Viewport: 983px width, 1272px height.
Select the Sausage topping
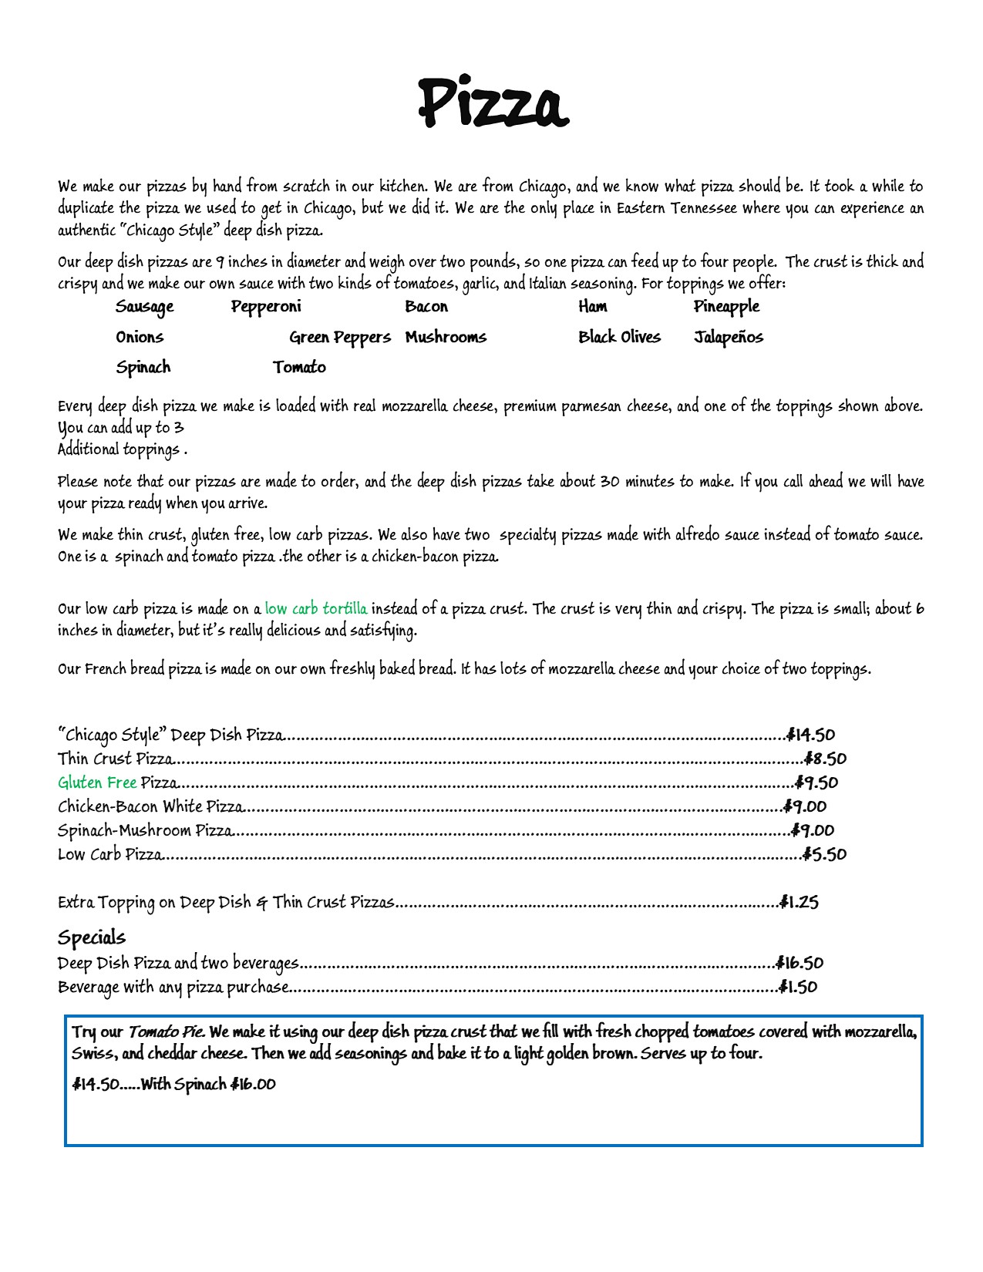click(x=145, y=307)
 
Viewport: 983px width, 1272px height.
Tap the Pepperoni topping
click(x=266, y=307)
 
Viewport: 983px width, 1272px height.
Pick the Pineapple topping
click(x=726, y=307)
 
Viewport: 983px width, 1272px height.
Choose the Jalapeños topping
click(x=728, y=338)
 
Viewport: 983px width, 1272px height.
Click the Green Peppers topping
click(x=340, y=338)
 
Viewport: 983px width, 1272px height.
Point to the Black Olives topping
click(x=619, y=337)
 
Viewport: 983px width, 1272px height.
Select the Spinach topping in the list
click(x=143, y=368)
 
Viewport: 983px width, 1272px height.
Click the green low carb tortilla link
click(x=316, y=609)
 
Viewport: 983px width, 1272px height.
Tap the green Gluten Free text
click(x=97, y=783)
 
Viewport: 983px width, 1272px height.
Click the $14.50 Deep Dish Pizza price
click(x=810, y=735)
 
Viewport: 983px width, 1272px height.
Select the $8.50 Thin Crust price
click(x=825, y=759)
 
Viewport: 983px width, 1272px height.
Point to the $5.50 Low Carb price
click(x=824, y=854)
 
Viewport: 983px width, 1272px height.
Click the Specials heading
click(x=92, y=937)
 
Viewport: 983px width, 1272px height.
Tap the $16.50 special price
click(x=800, y=964)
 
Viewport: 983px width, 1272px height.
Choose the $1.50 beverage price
click(x=798, y=988)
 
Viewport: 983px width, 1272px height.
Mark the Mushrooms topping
click(x=446, y=338)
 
